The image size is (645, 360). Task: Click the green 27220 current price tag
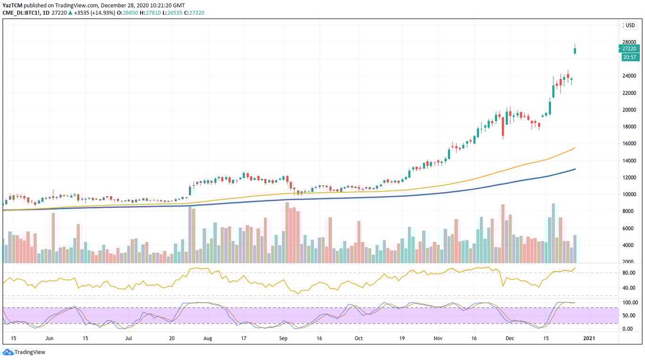pos(629,48)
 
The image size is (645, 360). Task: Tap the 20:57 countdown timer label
pos(629,57)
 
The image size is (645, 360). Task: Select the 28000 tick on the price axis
pos(629,42)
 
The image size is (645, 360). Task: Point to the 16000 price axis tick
pos(629,144)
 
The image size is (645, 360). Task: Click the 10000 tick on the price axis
pos(629,195)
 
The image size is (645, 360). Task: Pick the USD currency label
pos(630,25)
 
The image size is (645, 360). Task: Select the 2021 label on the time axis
pos(588,339)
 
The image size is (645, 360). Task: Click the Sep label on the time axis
pos(283,339)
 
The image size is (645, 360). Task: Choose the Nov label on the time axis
pos(438,339)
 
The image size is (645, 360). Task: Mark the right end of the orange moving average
pos(575,148)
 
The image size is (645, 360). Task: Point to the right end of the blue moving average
pos(575,169)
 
